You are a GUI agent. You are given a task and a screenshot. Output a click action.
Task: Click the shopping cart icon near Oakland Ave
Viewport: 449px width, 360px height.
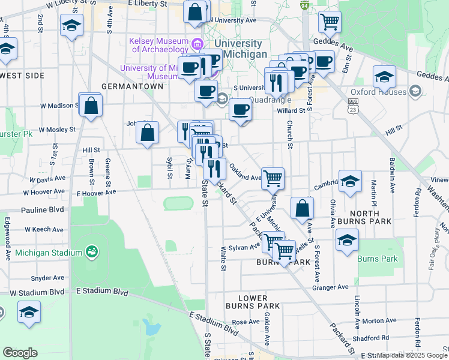273,177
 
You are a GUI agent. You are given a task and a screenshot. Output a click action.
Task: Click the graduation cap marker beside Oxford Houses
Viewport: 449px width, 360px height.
384,76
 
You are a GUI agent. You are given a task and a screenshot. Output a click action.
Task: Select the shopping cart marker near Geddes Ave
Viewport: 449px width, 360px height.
330,22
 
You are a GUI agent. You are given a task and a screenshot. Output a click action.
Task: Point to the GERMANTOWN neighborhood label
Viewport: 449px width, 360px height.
132,86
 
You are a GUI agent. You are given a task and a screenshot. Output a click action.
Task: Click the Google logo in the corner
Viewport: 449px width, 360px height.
20,352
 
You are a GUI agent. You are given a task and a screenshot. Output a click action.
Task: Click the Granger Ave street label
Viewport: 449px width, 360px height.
330,287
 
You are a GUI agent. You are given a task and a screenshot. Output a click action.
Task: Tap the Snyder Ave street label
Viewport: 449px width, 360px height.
47,278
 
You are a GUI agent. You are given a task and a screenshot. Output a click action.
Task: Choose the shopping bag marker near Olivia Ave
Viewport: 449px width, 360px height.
303,208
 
